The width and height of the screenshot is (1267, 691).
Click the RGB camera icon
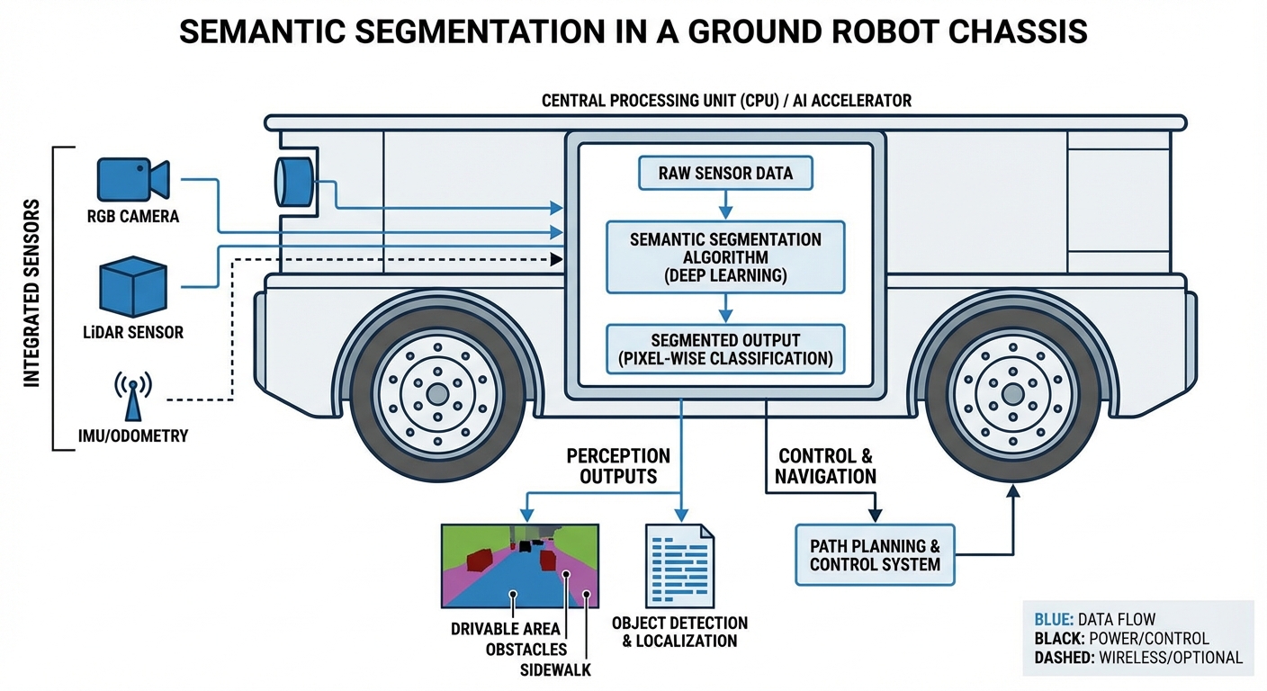(x=132, y=179)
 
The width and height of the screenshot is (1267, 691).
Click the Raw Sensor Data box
(x=725, y=173)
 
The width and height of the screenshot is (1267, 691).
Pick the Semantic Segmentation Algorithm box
(x=725, y=257)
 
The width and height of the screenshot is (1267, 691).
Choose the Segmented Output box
(x=725, y=350)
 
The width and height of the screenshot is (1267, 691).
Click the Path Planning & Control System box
(x=875, y=555)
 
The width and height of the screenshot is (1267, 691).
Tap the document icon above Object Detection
(x=679, y=565)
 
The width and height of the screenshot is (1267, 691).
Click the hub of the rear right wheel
(x=1012, y=393)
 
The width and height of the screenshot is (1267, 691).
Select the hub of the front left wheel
(x=437, y=393)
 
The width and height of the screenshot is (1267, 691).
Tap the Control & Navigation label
(x=824, y=467)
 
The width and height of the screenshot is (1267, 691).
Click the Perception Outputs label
(x=618, y=466)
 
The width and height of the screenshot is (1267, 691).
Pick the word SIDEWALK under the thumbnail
(x=555, y=670)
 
